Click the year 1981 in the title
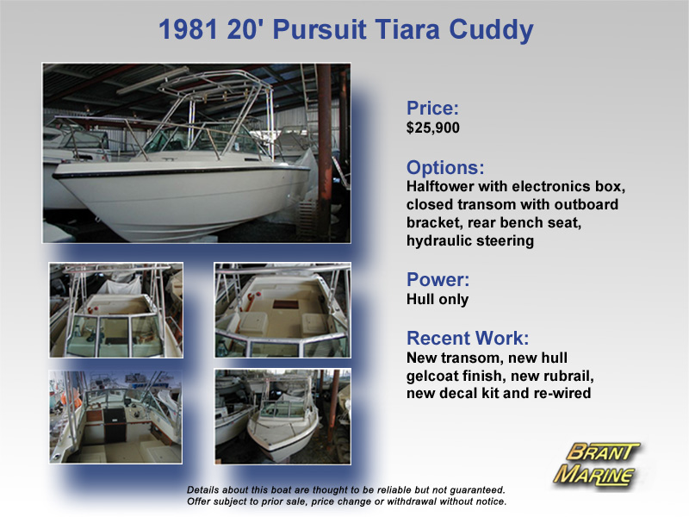[188, 29]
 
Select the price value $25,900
[433, 128]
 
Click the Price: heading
[432, 108]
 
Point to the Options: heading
[445, 167]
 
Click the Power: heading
[438, 279]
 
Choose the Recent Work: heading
[468, 338]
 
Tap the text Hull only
[438, 299]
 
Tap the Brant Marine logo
[596, 465]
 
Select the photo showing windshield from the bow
[116, 310]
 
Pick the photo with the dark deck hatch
[282, 310]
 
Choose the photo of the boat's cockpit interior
[115, 417]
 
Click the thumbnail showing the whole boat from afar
[282, 417]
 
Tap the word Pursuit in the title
[320, 29]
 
